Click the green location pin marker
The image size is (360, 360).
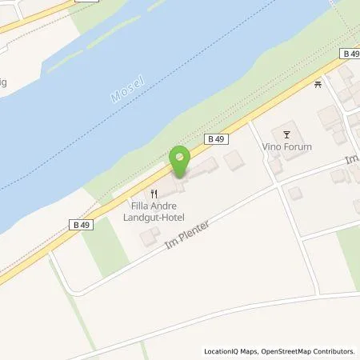click(x=179, y=162)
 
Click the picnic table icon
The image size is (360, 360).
click(x=318, y=82)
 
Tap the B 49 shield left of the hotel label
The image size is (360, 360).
click(x=83, y=225)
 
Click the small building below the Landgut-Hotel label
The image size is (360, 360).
click(x=150, y=238)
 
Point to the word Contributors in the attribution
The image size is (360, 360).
click(x=334, y=351)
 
